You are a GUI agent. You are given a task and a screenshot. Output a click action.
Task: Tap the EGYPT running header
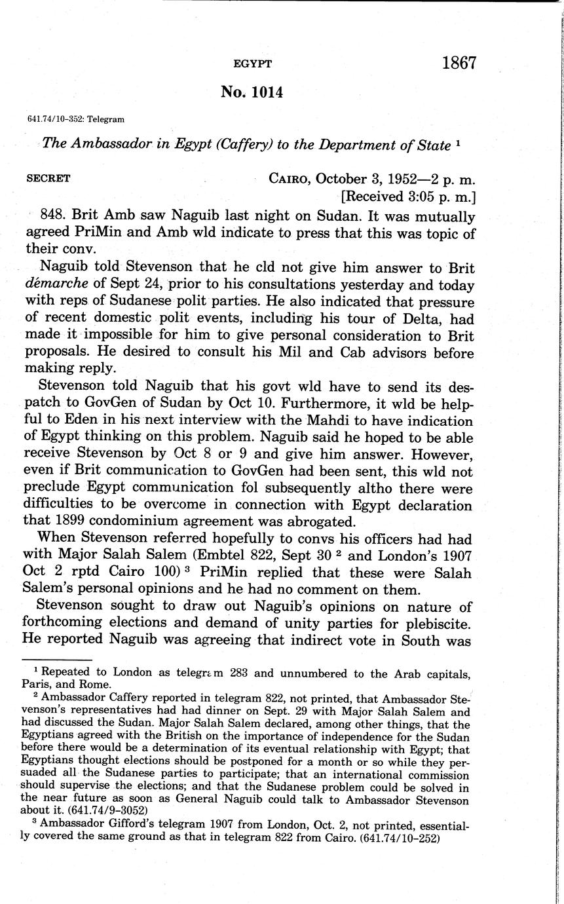click(252, 64)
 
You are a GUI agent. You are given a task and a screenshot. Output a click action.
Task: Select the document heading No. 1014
click(252, 92)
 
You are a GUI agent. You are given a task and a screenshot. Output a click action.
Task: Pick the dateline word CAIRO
click(290, 179)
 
